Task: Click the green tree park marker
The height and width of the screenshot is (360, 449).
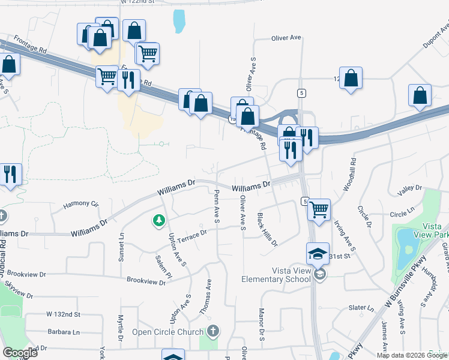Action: [159, 221]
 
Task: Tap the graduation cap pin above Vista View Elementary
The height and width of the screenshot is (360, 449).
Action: [318, 254]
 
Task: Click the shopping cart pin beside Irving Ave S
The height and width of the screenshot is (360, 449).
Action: [319, 209]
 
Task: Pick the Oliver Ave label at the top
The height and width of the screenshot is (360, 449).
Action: [286, 37]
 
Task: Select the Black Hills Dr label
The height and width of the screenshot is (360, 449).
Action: [267, 230]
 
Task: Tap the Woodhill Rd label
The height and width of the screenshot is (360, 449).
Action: [349, 175]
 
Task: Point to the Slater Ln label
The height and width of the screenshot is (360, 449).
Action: [361, 308]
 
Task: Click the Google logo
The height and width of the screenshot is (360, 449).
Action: [20, 352]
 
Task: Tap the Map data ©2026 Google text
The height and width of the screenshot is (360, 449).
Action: [412, 355]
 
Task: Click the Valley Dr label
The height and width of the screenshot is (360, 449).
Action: [411, 188]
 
